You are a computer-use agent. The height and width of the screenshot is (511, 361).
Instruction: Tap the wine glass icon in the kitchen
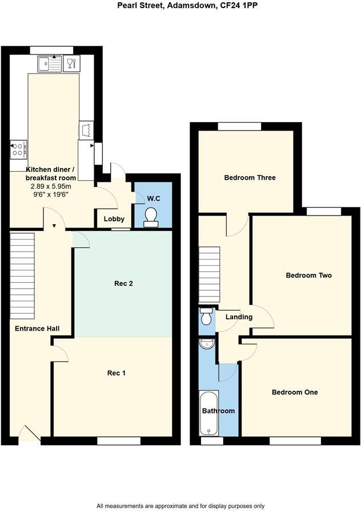tap(71, 63)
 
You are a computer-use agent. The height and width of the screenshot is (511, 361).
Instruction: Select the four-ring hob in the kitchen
tap(18, 149)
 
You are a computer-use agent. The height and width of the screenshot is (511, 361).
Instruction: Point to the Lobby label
tap(114, 219)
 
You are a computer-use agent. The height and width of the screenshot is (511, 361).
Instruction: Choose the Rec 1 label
tap(117, 373)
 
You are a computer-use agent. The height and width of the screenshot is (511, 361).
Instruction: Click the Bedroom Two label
tap(308, 275)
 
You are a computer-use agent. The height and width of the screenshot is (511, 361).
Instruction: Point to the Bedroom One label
tap(295, 392)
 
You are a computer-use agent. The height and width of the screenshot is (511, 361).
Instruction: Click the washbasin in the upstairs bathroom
tap(206, 344)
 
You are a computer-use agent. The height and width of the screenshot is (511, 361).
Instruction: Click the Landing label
tap(239, 317)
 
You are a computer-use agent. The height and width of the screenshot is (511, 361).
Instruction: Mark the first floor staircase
tap(210, 275)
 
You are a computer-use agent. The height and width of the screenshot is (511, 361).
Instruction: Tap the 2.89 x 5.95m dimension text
tap(51, 186)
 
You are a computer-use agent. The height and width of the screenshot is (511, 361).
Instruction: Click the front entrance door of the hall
tap(30, 436)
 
